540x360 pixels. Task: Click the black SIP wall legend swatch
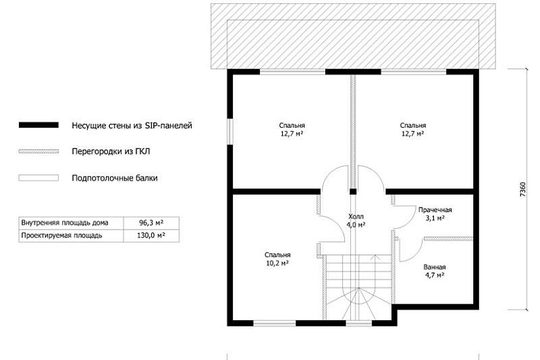point(39,125)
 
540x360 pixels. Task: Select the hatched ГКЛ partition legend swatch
point(39,151)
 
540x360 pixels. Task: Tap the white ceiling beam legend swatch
point(39,178)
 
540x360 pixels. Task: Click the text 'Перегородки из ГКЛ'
point(111,151)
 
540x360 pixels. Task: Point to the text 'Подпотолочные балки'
point(115,178)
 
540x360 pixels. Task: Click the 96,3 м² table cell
point(151,223)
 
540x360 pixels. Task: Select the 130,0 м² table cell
point(151,236)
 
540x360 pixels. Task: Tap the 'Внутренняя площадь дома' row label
point(65,223)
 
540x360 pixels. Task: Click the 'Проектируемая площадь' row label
point(62,236)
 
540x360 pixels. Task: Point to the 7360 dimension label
point(523,189)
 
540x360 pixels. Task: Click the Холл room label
point(356,217)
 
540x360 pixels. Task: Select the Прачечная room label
point(435,210)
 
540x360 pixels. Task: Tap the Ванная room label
point(435,267)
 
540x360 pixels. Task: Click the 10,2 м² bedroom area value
point(278,264)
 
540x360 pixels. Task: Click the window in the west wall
point(230,132)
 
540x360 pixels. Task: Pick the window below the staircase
point(359,323)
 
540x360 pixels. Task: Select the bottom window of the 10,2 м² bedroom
point(274,323)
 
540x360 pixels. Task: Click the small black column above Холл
point(353,192)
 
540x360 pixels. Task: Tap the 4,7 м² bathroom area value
point(435,276)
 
